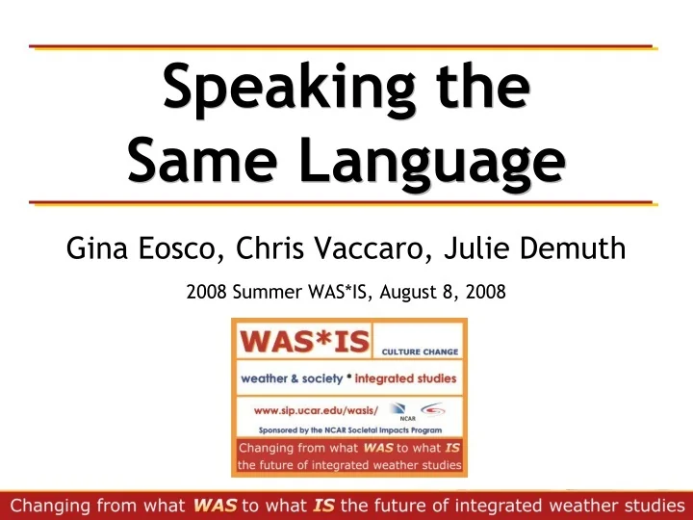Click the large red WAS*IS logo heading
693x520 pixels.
[x=296, y=342]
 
